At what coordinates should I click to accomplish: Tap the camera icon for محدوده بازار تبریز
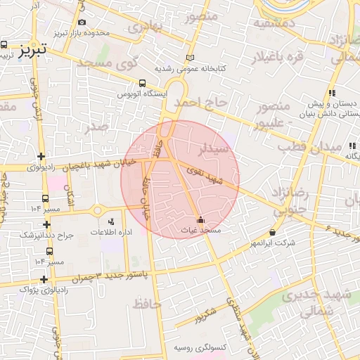coord(82,22)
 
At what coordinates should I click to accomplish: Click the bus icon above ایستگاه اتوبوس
coord(143,82)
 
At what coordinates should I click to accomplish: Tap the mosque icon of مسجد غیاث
coord(201,219)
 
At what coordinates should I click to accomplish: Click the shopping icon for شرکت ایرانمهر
coord(272,232)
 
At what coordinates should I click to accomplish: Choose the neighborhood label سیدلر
coord(214,149)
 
